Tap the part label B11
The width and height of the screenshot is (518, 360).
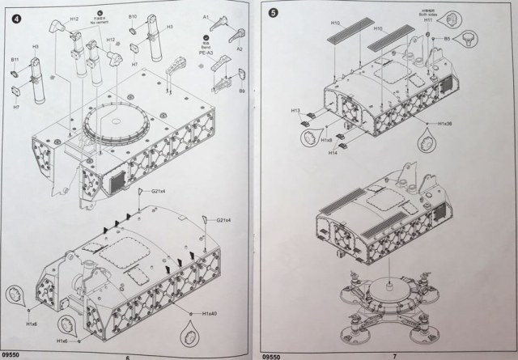[15, 60]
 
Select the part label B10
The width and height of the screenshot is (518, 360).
[133, 17]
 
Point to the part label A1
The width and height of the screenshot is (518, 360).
[206, 16]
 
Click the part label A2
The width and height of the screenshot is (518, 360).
[238, 49]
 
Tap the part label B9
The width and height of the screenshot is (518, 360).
[242, 92]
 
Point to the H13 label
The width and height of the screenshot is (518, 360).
[296, 110]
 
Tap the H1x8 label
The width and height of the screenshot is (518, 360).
[326, 142]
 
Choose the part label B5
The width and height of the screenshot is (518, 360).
[447, 38]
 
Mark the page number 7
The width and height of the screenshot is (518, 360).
[394, 355]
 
